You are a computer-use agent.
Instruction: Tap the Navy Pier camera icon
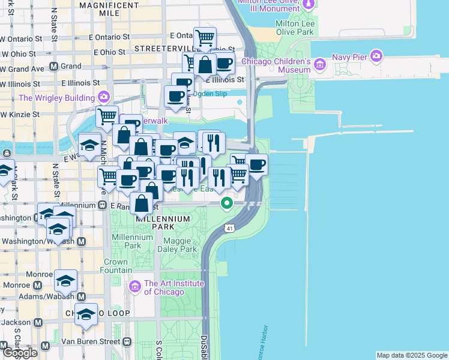376,57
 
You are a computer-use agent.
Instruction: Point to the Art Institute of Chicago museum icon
134,287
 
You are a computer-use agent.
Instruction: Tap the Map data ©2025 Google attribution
411,355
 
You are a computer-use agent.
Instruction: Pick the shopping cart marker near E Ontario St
205,38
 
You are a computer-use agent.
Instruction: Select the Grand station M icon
53,66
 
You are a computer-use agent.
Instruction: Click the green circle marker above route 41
227,203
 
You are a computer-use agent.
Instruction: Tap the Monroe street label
39,274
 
